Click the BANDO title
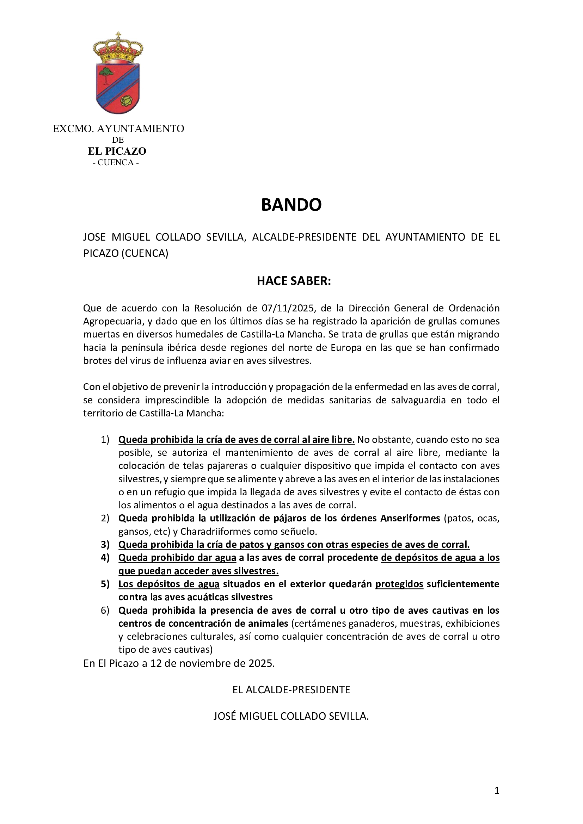(x=291, y=205)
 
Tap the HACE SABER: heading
(x=294, y=281)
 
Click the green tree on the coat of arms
(x=106, y=73)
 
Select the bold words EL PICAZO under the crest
(x=117, y=151)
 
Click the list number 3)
(x=105, y=544)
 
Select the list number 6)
(x=105, y=611)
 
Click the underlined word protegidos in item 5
(x=399, y=584)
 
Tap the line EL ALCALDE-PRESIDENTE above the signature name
(x=291, y=690)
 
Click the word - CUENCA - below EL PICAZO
(x=116, y=162)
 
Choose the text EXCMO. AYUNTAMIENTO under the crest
(x=118, y=129)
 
